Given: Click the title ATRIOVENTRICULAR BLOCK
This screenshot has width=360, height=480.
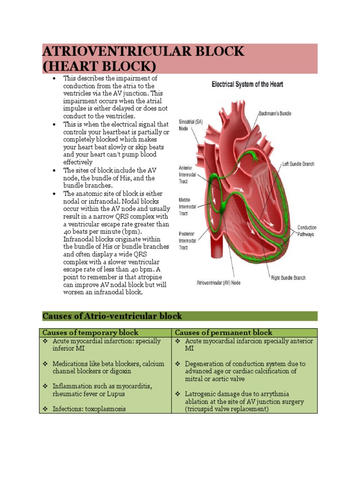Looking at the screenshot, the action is click(x=143, y=51).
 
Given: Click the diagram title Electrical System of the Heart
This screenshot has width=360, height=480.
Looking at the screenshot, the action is click(x=247, y=85).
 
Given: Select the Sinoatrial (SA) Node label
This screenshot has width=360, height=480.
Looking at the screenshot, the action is click(x=189, y=125).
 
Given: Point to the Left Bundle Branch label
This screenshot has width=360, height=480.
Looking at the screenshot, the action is click(x=298, y=164).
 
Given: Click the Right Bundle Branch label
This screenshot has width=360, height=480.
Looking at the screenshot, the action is click(x=288, y=278).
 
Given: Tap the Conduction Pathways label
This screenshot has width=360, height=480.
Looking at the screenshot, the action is click(x=307, y=231).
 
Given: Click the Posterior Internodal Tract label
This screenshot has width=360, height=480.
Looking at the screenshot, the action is click(x=189, y=240).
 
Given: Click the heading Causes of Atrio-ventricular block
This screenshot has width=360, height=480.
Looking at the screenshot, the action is click(x=112, y=316).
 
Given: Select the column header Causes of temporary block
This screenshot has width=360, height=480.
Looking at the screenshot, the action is click(x=90, y=333).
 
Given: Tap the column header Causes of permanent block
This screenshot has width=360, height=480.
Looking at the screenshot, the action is click(x=224, y=333).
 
